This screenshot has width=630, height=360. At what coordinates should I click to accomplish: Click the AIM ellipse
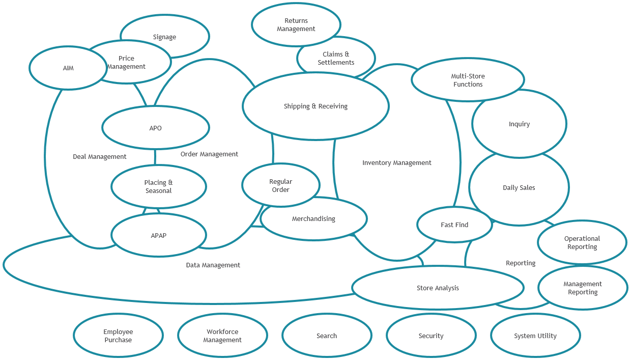[68, 68]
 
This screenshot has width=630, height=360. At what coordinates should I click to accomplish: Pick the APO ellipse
[155, 128]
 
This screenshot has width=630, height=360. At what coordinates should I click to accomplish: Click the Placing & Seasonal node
[158, 187]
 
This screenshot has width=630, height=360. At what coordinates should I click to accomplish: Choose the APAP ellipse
[158, 236]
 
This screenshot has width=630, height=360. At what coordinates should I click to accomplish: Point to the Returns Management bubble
[296, 25]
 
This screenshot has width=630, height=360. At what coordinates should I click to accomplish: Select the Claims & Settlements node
[336, 58]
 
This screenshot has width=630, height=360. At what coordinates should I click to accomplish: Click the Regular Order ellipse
[280, 185]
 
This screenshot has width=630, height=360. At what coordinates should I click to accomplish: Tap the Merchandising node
[313, 219]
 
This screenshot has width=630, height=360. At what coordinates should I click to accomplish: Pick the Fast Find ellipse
[454, 225]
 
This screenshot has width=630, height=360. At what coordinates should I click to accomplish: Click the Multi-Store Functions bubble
[468, 80]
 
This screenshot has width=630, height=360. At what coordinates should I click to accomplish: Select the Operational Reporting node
[582, 242]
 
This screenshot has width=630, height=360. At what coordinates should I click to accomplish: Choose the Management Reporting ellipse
[583, 288]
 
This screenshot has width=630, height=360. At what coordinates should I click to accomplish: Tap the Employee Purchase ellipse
[118, 336]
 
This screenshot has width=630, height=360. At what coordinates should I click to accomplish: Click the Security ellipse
[431, 336]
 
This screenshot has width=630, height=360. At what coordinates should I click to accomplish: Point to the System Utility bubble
[535, 336]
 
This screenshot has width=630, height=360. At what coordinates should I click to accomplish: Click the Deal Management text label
[100, 157]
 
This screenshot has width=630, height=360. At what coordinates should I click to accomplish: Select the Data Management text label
[213, 265]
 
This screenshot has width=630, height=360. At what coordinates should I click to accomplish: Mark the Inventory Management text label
[396, 163]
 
